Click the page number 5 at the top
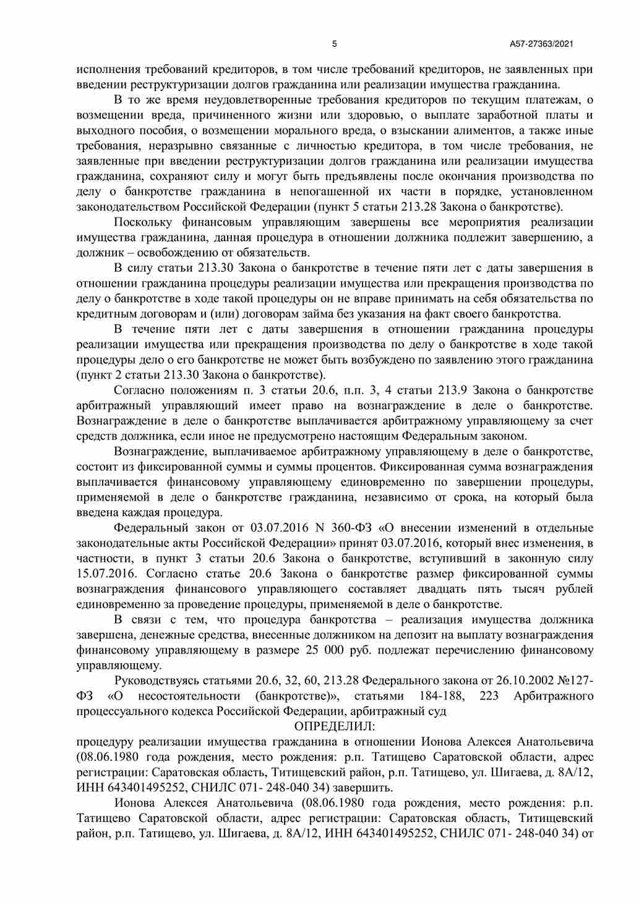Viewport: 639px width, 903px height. (335, 44)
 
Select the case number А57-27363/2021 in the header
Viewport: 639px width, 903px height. (542, 44)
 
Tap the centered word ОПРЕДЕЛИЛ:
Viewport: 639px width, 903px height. (335, 726)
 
